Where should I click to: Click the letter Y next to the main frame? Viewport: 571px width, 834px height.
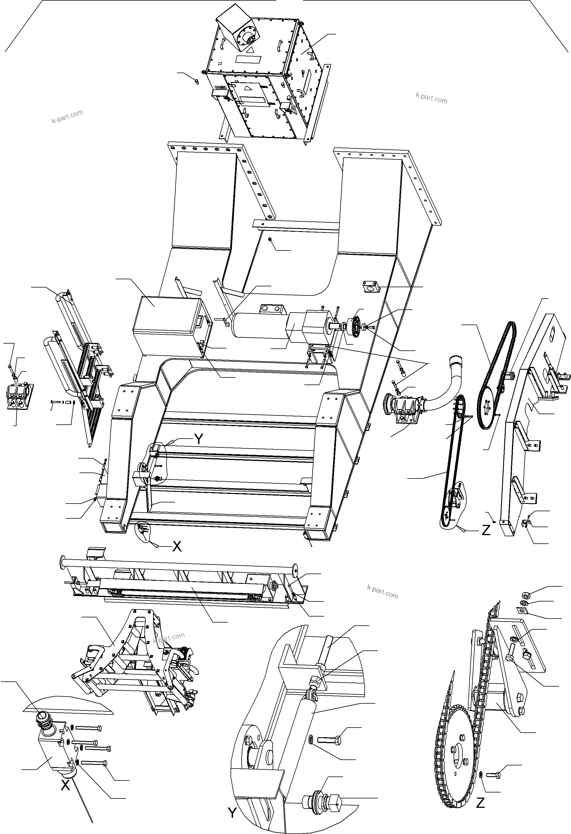pyautogui.click(x=198, y=439)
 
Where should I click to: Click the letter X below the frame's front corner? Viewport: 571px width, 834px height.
pyautogui.click(x=177, y=546)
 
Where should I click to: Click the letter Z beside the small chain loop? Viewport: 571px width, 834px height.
pyautogui.click(x=486, y=530)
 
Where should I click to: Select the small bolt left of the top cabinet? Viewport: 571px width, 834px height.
pyautogui.click(x=196, y=81)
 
